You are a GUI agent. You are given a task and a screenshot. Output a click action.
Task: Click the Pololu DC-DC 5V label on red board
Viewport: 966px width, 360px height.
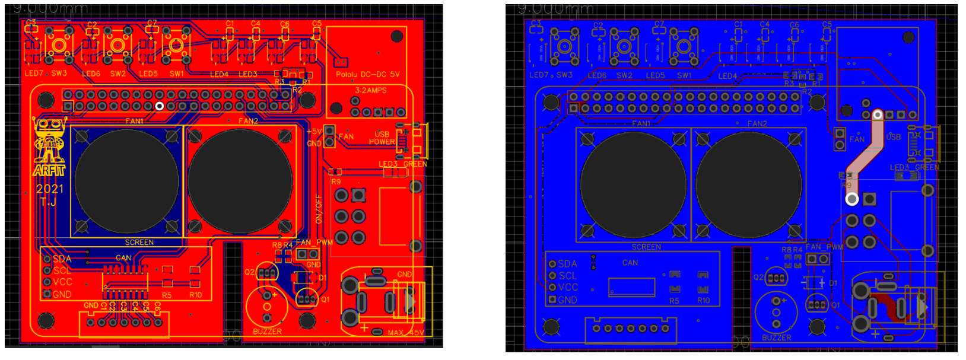367,75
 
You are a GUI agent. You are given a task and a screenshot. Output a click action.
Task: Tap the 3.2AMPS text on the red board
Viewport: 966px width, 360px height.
370,91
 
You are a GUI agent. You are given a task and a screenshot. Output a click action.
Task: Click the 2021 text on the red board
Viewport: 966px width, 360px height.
49,189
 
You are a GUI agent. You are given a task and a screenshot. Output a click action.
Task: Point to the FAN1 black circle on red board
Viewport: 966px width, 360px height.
126,181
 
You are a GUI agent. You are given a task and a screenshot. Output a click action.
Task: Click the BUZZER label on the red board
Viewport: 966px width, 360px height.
267,332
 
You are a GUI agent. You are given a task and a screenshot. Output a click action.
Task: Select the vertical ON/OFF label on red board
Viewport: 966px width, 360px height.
319,209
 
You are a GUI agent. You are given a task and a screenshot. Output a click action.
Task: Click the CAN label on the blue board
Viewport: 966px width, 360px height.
630,263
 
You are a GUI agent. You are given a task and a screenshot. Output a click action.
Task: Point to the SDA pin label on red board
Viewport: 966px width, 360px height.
62,259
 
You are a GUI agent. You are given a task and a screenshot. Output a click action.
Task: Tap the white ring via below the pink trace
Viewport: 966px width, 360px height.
851,199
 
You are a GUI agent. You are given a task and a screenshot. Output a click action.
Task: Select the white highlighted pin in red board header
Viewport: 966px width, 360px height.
159,106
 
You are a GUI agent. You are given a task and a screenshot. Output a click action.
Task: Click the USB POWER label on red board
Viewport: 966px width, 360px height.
382,138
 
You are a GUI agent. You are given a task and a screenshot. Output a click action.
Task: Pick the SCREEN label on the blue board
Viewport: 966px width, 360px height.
646,247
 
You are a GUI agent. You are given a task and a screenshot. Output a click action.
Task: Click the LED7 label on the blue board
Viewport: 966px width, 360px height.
539,75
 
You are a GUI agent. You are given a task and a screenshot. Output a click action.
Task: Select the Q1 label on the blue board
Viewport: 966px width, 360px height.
835,305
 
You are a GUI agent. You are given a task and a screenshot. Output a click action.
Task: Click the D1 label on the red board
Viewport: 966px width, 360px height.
322,278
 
